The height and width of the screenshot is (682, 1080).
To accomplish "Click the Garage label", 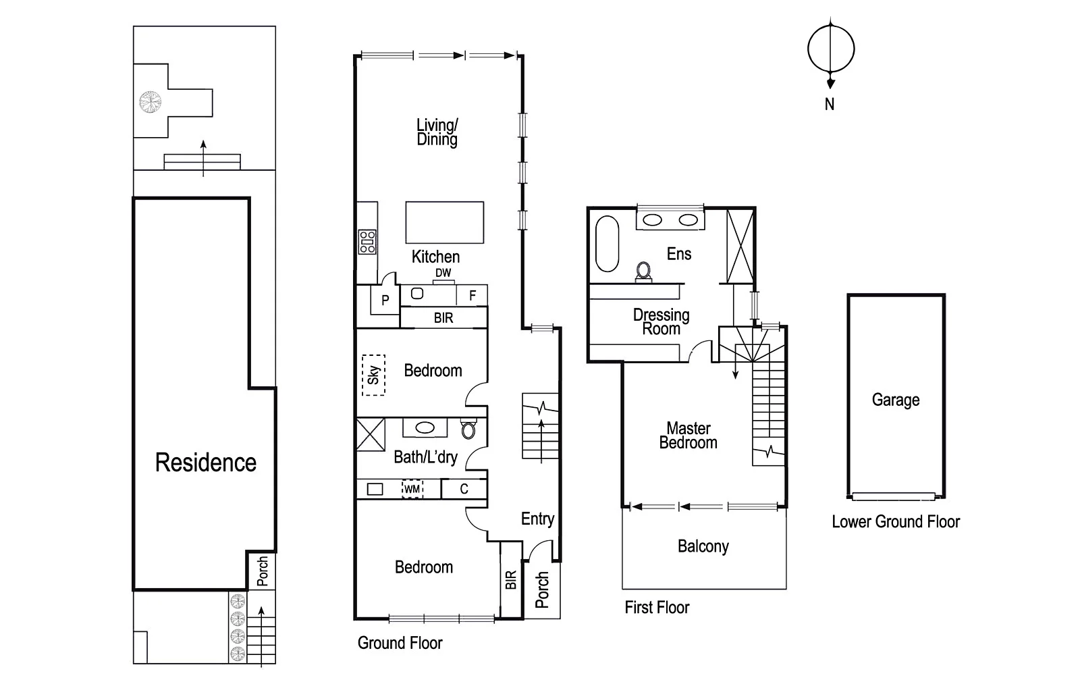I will click(x=895, y=400).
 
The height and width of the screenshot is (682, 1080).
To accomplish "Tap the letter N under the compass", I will click(x=830, y=105).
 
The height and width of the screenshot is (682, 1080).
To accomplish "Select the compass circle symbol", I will click(x=831, y=49).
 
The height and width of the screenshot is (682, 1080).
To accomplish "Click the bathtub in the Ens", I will click(x=607, y=244).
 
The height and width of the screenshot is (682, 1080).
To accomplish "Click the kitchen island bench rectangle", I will click(x=444, y=222).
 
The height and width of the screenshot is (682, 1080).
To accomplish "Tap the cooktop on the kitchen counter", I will click(x=367, y=242).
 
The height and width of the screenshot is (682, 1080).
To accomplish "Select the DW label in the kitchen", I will click(x=443, y=273).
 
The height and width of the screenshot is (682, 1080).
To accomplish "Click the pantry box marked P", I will click(x=385, y=300).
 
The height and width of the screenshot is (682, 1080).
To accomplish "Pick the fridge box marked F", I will click(x=473, y=296).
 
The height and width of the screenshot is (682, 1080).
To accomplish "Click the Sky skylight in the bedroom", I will click(x=373, y=375).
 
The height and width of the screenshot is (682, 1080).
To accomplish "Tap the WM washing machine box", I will click(x=412, y=489).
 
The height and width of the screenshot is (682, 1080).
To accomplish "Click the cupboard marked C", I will click(x=464, y=489).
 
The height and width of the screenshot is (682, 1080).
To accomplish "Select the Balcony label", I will click(x=703, y=546).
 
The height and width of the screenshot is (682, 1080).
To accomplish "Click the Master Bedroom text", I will click(x=688, y=436).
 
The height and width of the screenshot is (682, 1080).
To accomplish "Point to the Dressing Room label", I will click(x=661, y=321).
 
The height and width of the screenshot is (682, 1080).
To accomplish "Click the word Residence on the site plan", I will click(x=206, y=463).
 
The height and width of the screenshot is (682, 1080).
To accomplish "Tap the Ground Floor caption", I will click(x=400, y=643).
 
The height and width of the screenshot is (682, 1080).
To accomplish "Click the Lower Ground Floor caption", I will click(x=895, y=521).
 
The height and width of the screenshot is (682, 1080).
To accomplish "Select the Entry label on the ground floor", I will click(x=537, y=519).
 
